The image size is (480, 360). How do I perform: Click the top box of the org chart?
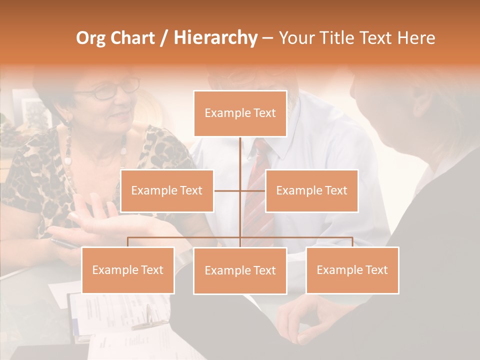[x=240, y=113]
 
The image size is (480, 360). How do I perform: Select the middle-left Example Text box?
[x=167, y=190]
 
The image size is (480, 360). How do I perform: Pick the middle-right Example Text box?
[x=311, y=190]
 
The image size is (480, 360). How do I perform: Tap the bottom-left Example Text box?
[x=128, y=270]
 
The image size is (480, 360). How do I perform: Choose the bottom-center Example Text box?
[x=240, y=270]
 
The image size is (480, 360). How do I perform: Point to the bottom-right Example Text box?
[x=352, y=270]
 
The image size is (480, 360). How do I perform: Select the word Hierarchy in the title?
[x=215, y=38]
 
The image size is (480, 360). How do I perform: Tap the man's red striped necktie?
[x=257, y=190]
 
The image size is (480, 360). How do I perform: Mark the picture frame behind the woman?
[x=33, y=110]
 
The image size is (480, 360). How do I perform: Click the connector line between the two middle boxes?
[x=240, y=190]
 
